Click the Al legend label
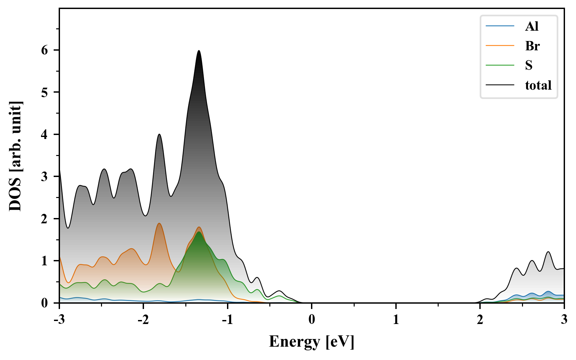click(x=532, y=26)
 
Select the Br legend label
click(x=532, y=46)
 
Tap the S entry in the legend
click(x=529, y=65)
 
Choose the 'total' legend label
click(x=538, y=85)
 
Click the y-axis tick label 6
click(x=45, y=50)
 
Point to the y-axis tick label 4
click(x=45, y=135)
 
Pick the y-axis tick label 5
click(x=45, y=92)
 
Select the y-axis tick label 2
click(x=45, y=219)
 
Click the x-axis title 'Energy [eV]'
click(x=312, y=342)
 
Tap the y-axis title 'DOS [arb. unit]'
click(x=15, y=156)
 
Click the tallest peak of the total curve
click(x=199, y=51)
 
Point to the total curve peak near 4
click(x=159, y=134)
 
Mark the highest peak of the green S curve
click(x=199, y=232)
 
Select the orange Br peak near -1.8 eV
click(x=159, y=223)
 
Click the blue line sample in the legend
click(x=500, y=26)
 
